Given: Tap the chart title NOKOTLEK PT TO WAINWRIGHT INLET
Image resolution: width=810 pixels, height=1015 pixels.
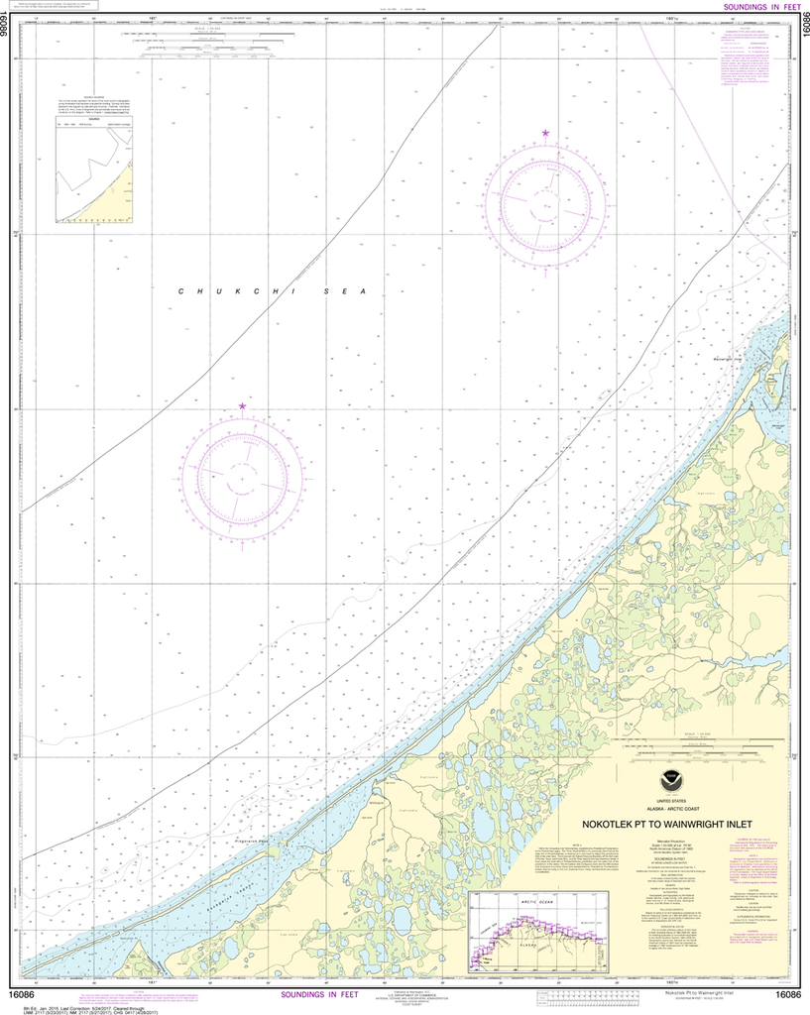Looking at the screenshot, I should (x=667, y=824).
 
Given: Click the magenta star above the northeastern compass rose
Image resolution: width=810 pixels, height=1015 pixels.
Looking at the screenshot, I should (x=544, y=133).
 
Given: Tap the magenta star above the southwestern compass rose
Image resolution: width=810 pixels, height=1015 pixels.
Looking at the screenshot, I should (x=242, y=406).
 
